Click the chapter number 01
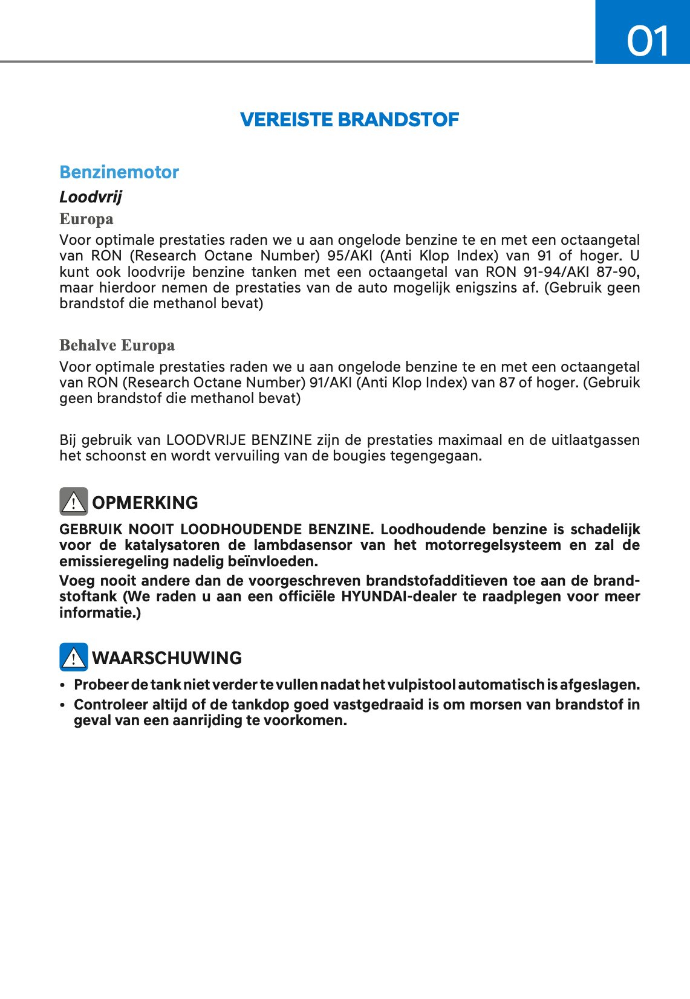pos(648,41)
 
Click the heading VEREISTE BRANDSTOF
pos(350,120)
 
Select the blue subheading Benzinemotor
pos(119,172)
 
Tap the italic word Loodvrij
pos(91,197)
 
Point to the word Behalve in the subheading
pos(88,345)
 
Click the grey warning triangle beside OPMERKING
pos(74,502)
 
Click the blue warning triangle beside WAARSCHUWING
pos(74,657)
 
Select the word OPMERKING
pos(145,503)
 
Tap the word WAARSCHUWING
pos(167,658)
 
